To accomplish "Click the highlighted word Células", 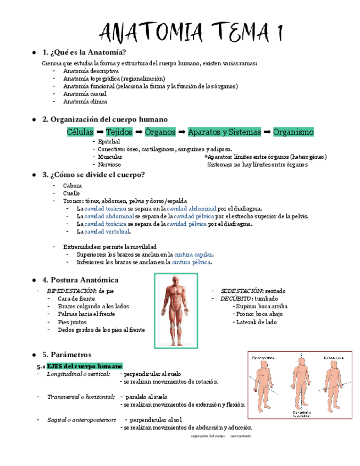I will [x=80, y=132].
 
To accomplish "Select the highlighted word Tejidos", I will [x=119, y=132].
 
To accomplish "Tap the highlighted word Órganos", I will [x=160, y=132].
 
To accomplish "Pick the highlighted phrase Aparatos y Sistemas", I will [x=224, y=132].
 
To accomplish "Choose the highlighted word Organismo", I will [x=293, y=132].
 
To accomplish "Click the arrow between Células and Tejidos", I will [x=100, y=132].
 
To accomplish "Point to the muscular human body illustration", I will [x=176, y=310].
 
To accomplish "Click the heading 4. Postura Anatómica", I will [x=80, y=280].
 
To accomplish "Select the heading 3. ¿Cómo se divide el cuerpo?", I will [x=93, y=175].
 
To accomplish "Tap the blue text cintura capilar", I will [x=193, y=254].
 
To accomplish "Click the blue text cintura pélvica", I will [x=191, y=263].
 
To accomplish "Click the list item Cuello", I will [x=71, y=193].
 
